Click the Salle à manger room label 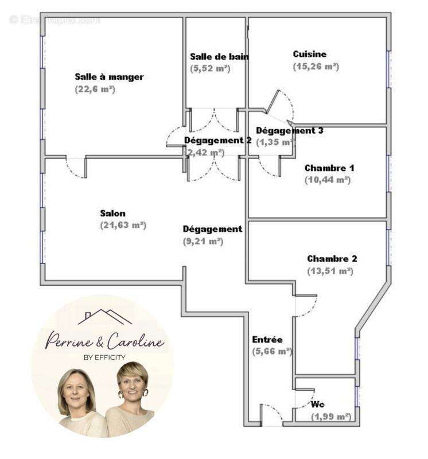pyautogui.click(x=109, y=77)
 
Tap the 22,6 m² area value pyautogui.click(x=95, y=89)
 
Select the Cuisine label pyautogui.click(x=309, y=54)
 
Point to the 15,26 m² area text pyautogui.click(x=316, y=66)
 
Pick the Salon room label pyautogui.click(x=112, y=213)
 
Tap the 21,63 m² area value pyautogui.click(x=123, y=225)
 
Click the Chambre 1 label pyautogui.click(x=329, y=168)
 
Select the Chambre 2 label pyautogui.click(x=332, y=259)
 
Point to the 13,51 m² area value pyautogui.click(x=330, y=271)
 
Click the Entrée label pyautogui.click(x=267, y=340)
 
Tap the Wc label pyautogui.click(x=318, y=404)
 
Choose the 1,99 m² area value pyautogui.click(x=331, y=417)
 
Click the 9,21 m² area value pyautogui.click(x=203, y=242)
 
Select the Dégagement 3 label pyautogui.click(x=289, y=130)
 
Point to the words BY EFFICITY pyautogui.click(x=104, y=357)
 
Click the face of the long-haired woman pyautogui.click(x=76, y=392)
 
